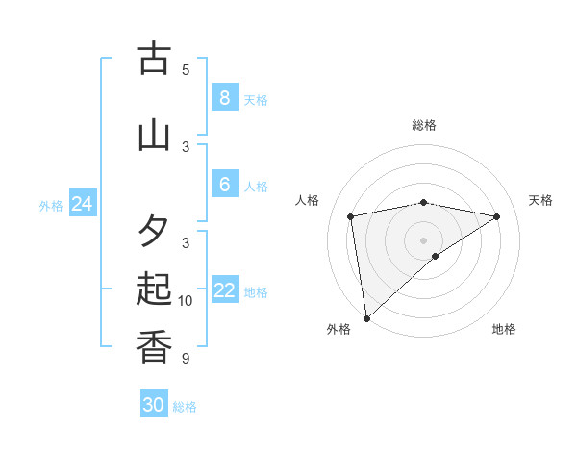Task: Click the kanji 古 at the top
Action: pos(154,59)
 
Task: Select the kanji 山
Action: pos(154,135)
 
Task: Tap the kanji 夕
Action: pos(154,232)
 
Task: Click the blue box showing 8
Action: pos(224,97)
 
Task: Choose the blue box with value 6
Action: pos(224,184)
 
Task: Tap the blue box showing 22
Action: pos(224,290)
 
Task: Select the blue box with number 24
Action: pos(82,203)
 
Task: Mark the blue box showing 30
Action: pos(154,405)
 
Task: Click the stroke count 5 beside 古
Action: pos(186,69)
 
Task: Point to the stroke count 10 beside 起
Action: pos(186,301)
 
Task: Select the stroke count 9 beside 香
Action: pos(186,359)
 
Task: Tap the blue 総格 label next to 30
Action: pos(185,407)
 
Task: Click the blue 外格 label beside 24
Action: pos(51,205)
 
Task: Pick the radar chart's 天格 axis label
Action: pos(540,200)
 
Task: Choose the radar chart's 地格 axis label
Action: pos(504,329)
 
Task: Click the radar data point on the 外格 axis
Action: pos(365,317)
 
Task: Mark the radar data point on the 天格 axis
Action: pos(497,216)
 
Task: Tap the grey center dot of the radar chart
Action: pos(423,239)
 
